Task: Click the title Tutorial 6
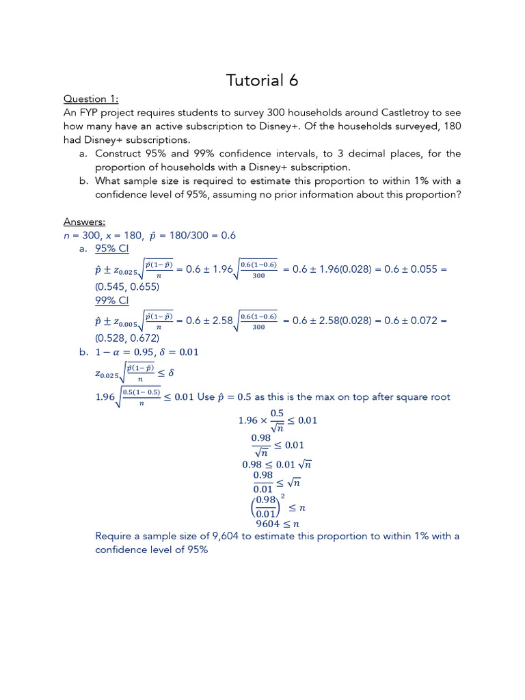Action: point(262,81)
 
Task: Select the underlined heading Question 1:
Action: point(91,99)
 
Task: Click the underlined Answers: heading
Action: point(85,221)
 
